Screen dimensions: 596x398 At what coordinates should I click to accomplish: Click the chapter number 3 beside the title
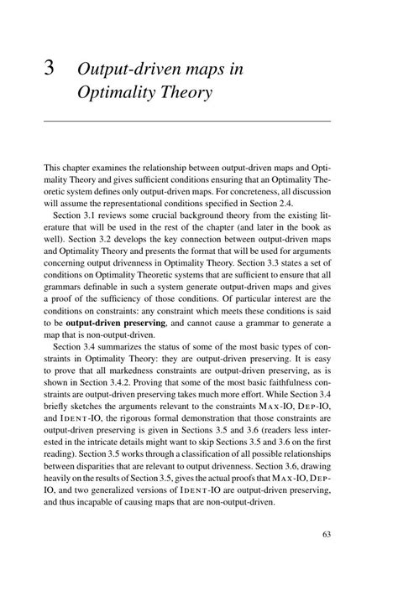click(x=50, y=70)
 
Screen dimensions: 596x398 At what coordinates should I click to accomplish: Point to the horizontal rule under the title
click(x=186, y=123)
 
